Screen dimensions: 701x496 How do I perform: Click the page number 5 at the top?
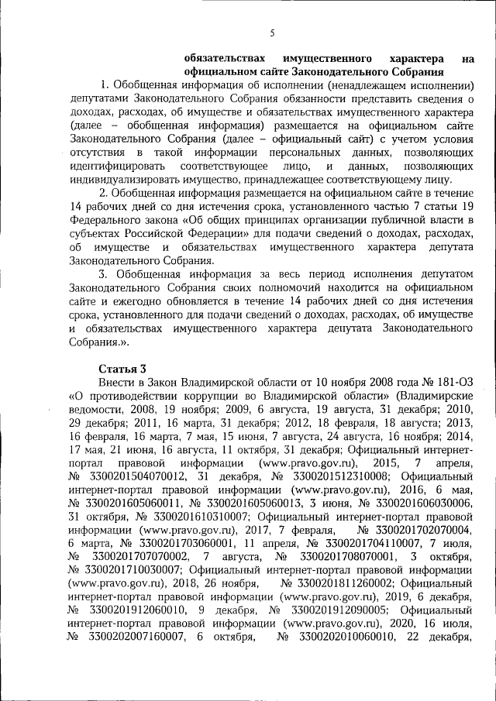point(272,33)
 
